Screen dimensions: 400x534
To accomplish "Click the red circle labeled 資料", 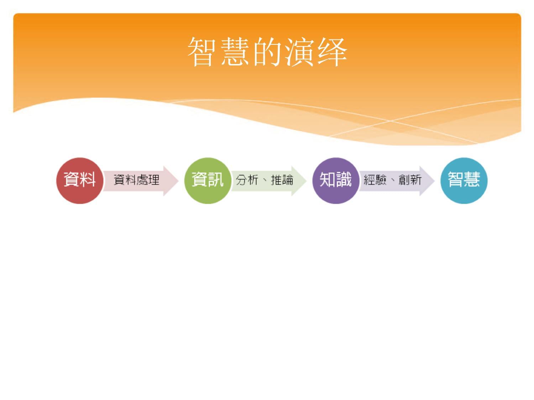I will (x=79, y=181).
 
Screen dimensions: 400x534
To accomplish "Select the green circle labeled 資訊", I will (x=208, y=181).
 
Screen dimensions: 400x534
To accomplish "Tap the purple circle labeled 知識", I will (x=335, y=181).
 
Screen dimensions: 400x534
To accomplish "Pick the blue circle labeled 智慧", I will (x=464, y=181).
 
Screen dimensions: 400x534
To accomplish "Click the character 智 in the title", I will (x=202, y=52).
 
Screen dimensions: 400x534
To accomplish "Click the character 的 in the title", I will (x=267, y=52).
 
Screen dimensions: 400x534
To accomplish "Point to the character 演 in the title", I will (x=299, y=52).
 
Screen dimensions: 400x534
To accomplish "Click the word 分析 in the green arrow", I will (x=247, y=180).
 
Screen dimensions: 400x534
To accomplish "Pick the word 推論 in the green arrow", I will (x=282, y=180).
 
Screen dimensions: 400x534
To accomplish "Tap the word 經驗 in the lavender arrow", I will (x=375, y=180).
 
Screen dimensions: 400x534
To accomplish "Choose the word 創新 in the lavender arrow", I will (x=410, y=180).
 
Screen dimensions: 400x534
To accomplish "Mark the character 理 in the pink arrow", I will (x=154, y=180).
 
